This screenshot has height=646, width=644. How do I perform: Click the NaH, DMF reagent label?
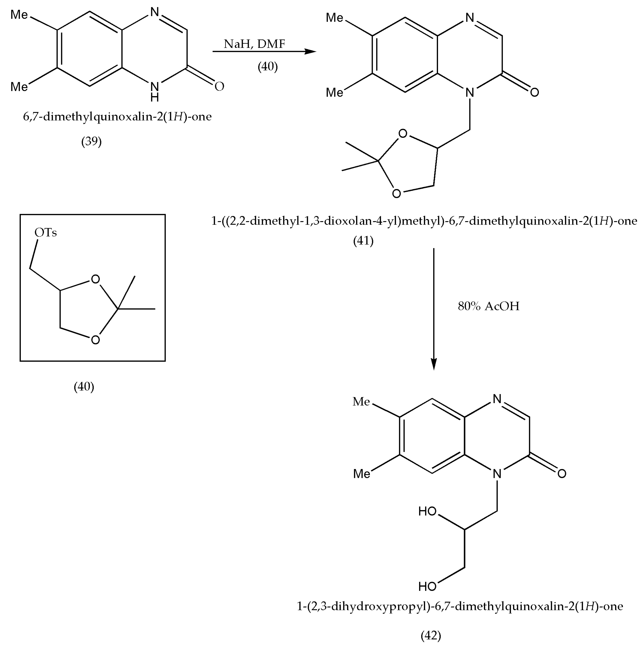coord(254,44)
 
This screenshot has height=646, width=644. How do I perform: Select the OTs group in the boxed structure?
coord(46,232)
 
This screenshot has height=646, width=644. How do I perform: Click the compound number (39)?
coord(91,142)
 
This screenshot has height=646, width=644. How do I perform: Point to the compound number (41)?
coord(363,241)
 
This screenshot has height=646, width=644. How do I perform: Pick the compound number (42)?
coord(431,635)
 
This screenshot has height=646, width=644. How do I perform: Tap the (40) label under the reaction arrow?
coord(268,66)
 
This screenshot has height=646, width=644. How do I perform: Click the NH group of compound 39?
coord(154,91)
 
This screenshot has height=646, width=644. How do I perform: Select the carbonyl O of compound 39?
coord(219,86)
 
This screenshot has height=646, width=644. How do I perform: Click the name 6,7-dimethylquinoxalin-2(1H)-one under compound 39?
coord(117,117)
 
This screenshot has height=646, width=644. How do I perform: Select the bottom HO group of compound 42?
coord(428,596)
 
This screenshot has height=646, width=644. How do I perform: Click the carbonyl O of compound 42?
coord(562,473)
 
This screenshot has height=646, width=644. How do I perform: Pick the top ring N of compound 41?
coord(470,17)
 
